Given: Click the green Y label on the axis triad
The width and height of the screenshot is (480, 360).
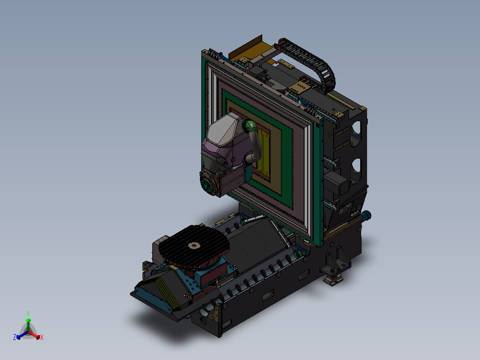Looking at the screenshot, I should click(28, 313).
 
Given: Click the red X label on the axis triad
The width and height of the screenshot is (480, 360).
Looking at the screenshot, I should click(42, 338).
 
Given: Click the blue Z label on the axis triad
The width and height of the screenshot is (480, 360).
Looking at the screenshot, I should click(15, 338).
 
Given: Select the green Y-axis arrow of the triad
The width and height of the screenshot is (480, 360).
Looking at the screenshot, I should click(28, 323).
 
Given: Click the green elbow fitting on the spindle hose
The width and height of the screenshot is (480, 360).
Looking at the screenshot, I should click(250, 126).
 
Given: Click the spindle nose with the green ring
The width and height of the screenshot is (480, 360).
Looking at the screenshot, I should click(206, 184).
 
